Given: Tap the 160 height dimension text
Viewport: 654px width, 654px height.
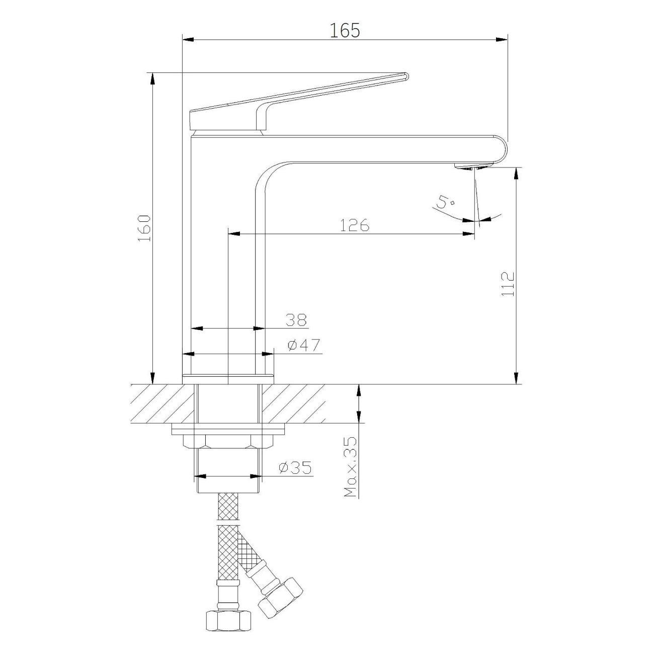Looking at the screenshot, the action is point(144,228).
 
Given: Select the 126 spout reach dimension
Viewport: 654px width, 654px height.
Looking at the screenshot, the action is point(354,225).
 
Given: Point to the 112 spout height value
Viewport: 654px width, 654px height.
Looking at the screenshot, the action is point(508,284).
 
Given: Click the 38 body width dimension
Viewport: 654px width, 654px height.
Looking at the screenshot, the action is point(296,319).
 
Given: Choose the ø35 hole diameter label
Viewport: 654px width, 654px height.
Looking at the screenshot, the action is point(295,468).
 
